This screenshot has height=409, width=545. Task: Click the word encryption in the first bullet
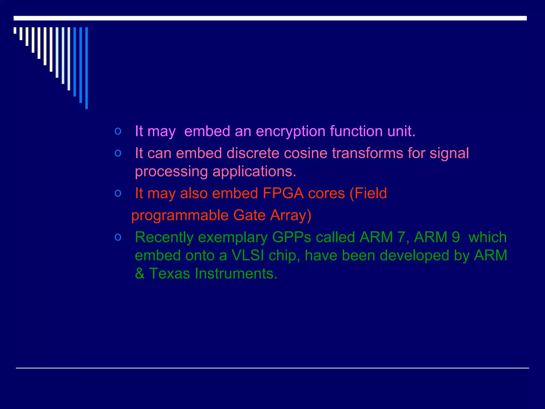(290, 132)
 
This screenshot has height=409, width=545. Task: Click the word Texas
(169, 274)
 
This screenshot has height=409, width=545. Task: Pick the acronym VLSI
(248, 256)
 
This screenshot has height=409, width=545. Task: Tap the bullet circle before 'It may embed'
(118, 131)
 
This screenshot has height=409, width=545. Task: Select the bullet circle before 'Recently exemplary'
(118, 237)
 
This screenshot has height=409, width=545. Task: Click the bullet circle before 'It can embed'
(118, 153)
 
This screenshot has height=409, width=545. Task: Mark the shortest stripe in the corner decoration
(15, 30)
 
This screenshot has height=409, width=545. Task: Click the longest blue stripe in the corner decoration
(86, 68)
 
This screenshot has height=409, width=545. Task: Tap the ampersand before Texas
(140, 274)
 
